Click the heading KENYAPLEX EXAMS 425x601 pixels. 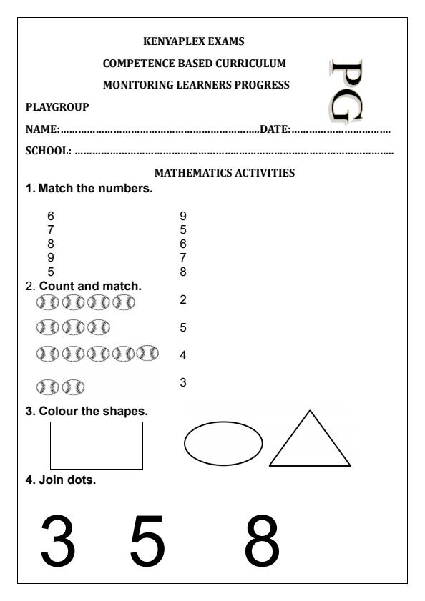click(x=194, y=41)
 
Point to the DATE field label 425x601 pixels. click(x=275, y=130)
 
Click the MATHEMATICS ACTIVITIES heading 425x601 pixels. click(x=225, y=173)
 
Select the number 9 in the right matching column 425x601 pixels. click(x=183, y=216)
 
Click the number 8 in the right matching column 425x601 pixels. click(x=183, y=272)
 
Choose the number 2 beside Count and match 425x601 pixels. click(x=183, y=300)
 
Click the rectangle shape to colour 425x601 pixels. click(x=96, y=445)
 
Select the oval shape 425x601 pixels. click(x=224, y=444)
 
